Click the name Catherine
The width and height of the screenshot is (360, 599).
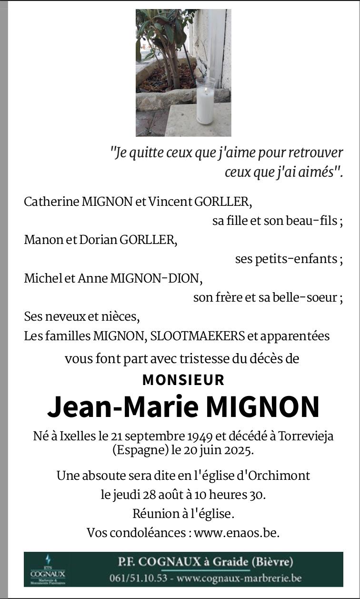[51, 202]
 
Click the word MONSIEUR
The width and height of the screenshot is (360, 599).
[183, 380]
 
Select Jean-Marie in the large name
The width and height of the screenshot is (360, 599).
[123, 406]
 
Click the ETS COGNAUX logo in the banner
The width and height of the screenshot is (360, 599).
[48, 570]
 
